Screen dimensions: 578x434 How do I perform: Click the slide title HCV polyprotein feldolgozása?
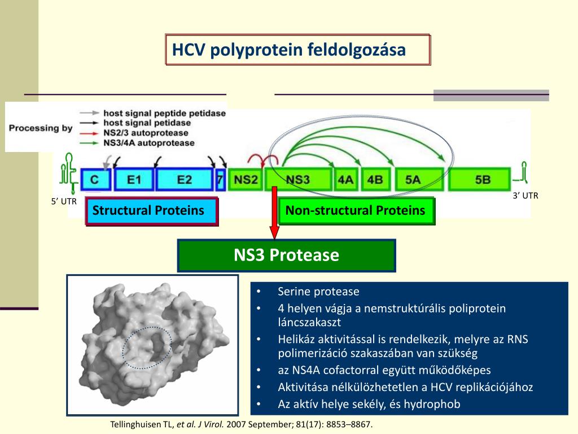click(289, 50)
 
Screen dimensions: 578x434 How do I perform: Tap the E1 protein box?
click(134, 180)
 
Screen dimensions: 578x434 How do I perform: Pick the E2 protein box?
click(184, 180)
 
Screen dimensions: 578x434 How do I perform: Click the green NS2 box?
click(246, 180)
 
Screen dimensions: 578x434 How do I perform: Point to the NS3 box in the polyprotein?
click(297, 180)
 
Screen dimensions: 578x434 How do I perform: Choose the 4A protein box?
click(345, 180)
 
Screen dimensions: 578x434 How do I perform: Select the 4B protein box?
click(375, 180)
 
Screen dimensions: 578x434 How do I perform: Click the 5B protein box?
click(483, 180)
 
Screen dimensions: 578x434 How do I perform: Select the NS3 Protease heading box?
click(287, 255)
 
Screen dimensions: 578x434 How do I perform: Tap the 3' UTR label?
click(526, 196)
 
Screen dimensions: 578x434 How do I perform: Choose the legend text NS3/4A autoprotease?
click(149, 143)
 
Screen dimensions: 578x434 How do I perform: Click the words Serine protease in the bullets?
click(318, 292)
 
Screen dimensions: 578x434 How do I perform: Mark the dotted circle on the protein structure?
click(147, 348)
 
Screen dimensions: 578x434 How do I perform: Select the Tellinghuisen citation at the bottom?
click(241, 424)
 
